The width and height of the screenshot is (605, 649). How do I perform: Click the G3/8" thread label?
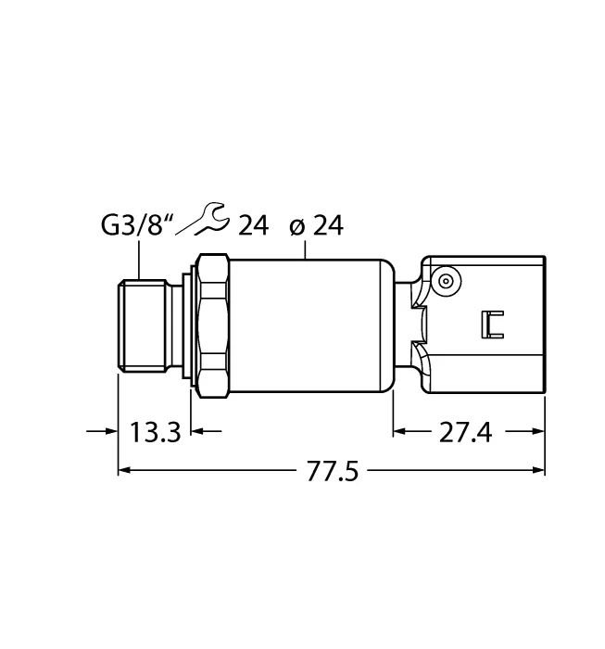[x=137, y=224]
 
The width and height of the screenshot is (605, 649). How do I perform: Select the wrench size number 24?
[x=253, y=225]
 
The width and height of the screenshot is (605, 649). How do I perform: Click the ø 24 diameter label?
[x=316, y=226]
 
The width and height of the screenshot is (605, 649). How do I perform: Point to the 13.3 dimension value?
[x=155, y=432]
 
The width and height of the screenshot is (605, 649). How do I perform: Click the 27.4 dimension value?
[x=465, y=432]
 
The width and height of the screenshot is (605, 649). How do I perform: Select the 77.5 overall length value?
[x=332, y=471]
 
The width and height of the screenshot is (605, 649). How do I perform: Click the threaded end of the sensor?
[x=142, y=324]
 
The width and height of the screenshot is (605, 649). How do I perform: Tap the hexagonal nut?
[x=213, y=325]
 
